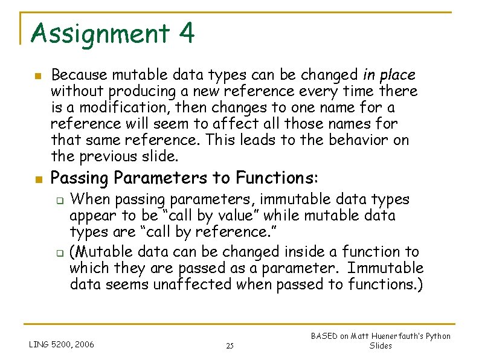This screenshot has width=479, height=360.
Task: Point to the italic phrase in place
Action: pos(389,76)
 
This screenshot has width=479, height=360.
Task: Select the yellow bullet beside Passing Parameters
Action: pos(37,179)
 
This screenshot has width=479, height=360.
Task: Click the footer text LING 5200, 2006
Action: pos(62,345)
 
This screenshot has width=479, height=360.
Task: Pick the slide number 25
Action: pos(230,346)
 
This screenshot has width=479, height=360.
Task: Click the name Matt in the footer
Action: pos(367,336)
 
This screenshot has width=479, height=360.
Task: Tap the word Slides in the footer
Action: pos(381,346)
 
